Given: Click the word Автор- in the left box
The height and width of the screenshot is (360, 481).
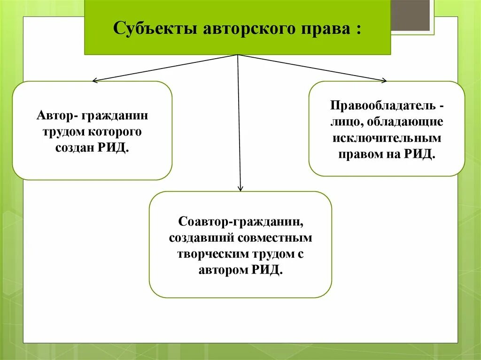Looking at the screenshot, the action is (x=58, y=115).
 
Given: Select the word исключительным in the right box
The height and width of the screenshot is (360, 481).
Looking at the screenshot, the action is (x=387, y=138).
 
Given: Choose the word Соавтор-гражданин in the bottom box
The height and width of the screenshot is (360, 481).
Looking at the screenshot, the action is (x=240, y=221).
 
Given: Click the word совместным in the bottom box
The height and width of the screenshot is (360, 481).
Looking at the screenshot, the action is (x=275, y=237).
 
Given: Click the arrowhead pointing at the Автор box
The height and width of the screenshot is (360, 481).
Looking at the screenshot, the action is (x=94, y=81).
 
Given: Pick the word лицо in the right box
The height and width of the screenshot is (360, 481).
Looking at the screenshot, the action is (x=342, y=122).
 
